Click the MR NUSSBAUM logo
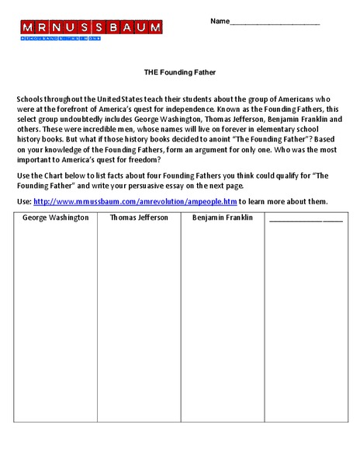tap(92, 29)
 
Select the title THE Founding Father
tap(179, 72)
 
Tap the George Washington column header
tap(55, 217)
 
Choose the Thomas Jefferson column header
tap(139, 217)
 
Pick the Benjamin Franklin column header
tap(223, 217)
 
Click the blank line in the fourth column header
tap(305, 219)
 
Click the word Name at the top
tap(220, 21)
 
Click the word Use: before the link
tap(23, 201)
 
